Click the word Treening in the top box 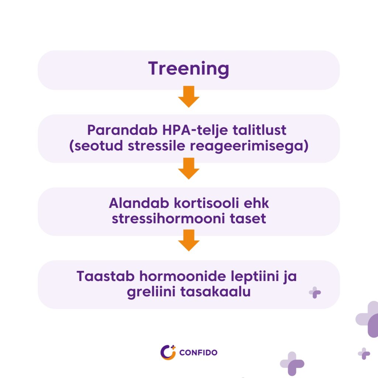(189, 69)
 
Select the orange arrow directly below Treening (189, 96)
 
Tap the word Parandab (122, 130)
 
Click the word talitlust (260, 130)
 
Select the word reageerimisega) (249, 147)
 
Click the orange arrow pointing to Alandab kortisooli (189, 168)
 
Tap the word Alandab (139, 203)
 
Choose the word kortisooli (206, 203)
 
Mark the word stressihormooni (168, 219)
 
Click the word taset (248, 219)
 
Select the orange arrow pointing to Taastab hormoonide (189, 240)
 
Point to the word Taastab (105, 276)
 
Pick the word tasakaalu (216, 292)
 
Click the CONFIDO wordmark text (198, 353)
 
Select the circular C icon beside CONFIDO (168, 353)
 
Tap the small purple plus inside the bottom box (315, 293)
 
